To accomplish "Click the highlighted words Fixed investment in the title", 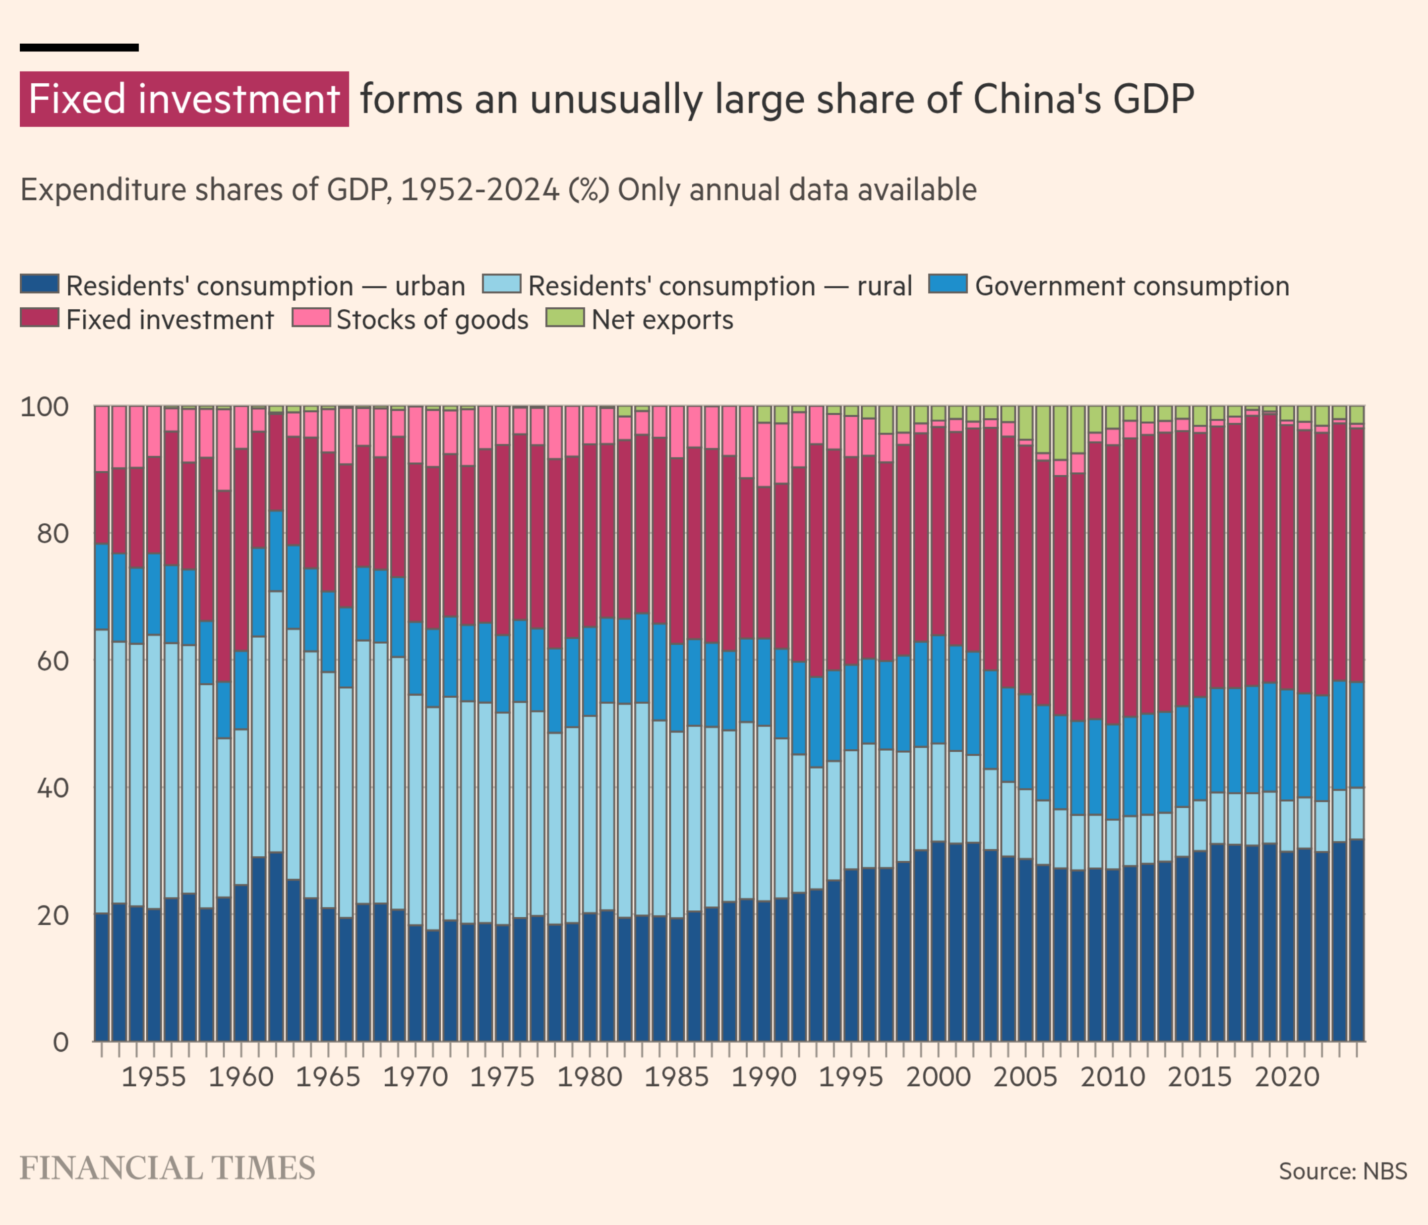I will click(x=184, y=99).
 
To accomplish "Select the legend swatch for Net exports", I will click(x=565, y=318).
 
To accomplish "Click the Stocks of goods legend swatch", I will click(x=311, y=318).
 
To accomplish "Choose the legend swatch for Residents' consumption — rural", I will click(x=501, y=284).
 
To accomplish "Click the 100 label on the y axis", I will click(x=45, y=407).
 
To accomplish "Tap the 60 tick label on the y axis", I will click(x=53, y=662).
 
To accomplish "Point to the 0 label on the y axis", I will click(x=60, y=1043).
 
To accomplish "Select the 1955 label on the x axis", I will click(x=154, y=1077).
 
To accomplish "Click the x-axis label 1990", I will click(x=764, y=1077).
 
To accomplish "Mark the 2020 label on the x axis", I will click(x=1287, y=1077).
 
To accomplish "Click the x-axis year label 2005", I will click(x=1025, y=1077).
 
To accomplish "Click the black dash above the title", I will click(x=79, y=48).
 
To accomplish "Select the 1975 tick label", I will click(x=502, y=1077).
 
